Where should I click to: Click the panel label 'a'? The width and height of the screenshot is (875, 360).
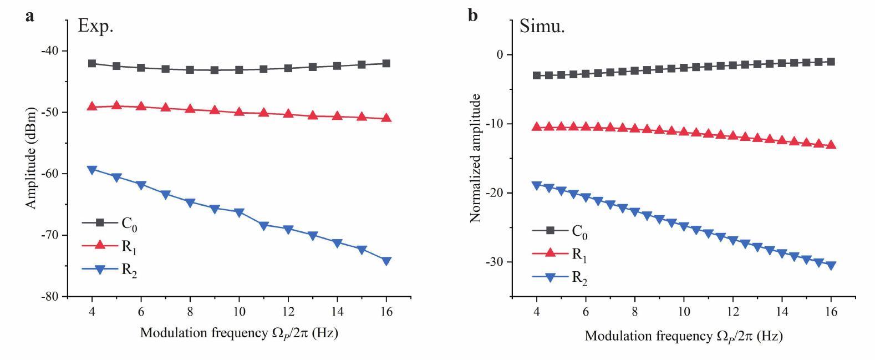click(29, 16)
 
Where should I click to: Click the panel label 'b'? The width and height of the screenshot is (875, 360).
click(472, 16)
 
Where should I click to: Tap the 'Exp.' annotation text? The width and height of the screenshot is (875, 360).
click(96, 26)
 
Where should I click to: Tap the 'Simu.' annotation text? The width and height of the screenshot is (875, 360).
click(542, 26)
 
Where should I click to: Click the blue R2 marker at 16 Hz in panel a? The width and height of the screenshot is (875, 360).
click(386, 261)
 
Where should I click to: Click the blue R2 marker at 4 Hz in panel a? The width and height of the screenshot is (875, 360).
click(92, 170)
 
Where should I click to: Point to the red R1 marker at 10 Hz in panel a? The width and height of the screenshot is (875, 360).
click(239, 111)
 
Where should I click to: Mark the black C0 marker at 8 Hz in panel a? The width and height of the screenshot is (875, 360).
click(190, 70)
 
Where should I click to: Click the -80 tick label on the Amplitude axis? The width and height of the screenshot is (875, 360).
click(53, 297)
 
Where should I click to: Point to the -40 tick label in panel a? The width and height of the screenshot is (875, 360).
click(53, 50)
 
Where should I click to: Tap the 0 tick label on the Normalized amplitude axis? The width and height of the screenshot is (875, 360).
click(500, 54)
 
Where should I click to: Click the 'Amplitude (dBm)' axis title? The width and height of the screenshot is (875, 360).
click(30, 159)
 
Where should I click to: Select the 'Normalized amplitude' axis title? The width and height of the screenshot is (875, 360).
click(475, 159)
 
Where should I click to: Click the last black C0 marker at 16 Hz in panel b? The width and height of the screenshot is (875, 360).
click(831, 62)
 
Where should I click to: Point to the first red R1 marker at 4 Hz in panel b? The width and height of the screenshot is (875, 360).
click(536, 126)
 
